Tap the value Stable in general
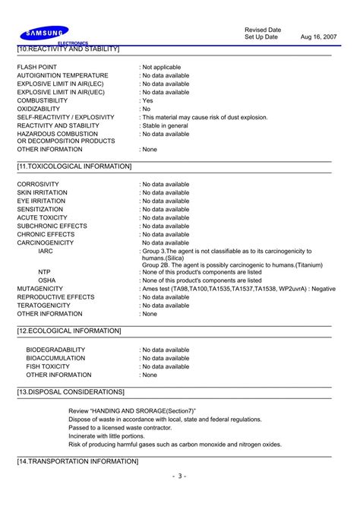(x=166, y=125)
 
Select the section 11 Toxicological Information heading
(x=74, y=166)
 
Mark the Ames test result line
(x=238, y=289)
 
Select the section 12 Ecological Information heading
(x=69, y=331)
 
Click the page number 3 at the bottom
(x=180, y=477)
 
